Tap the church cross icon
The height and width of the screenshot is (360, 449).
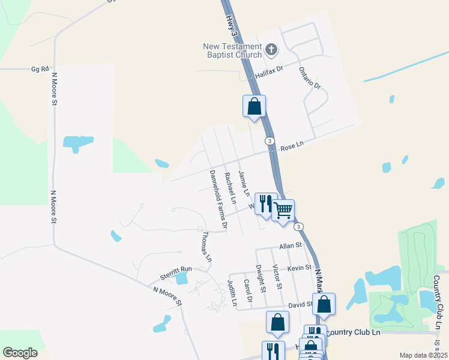271,49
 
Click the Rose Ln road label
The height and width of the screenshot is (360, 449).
292,145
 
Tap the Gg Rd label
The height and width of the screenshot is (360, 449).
39,70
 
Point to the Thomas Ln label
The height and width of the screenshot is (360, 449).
207,246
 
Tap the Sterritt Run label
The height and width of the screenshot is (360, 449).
175,272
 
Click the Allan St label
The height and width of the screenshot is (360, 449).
289,246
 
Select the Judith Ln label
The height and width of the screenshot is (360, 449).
232,293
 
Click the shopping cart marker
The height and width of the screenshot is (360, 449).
283,209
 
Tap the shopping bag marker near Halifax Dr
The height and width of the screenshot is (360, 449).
254,106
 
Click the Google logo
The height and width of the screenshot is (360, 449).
19,353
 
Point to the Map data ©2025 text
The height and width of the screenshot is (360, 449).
423,355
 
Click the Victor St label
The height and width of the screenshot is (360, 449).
277,277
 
